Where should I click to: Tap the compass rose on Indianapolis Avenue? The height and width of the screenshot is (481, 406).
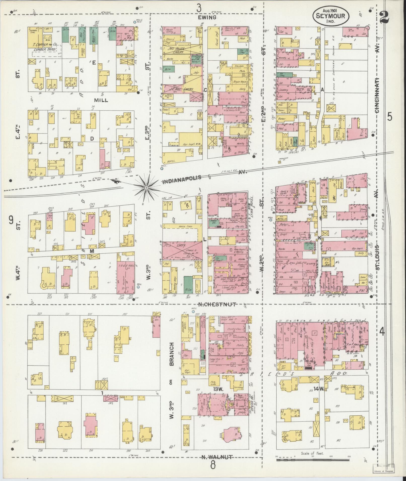pos(146,188)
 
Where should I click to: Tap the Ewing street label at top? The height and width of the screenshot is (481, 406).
pos(207,17)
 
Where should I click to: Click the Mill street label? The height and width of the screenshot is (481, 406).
pos(101,100)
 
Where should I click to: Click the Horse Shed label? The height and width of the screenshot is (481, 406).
pos(185,226)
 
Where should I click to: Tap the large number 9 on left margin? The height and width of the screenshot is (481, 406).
pos(11,220)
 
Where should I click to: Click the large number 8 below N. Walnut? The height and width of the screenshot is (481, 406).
pos(213,465)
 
